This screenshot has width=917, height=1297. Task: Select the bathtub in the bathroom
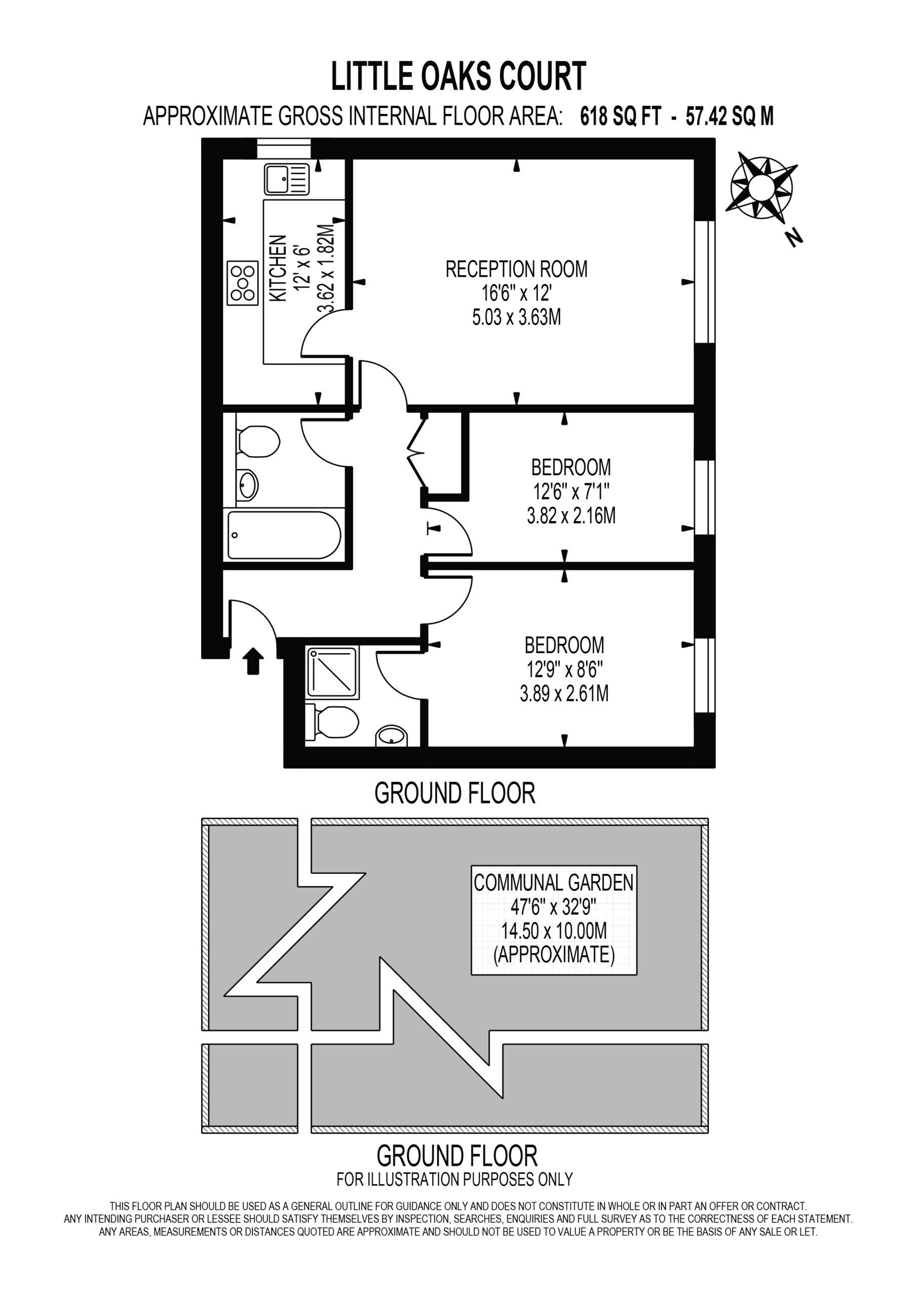tap(284, 535)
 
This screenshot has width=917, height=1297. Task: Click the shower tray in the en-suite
tap(332, 672)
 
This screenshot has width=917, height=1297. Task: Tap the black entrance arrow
tap(253, 661)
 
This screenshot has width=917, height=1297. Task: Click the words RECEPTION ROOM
tap(516, 269)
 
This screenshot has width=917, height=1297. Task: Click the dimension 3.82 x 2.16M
tap(571, 516)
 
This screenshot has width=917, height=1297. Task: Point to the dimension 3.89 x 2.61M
tap(564, 693)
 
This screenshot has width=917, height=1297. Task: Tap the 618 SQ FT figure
tap(621, 117)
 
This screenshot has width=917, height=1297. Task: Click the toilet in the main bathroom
tap(259, 441)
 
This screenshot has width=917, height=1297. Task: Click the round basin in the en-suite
tap(391, 736)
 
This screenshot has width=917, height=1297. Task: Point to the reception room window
tap(705, 281)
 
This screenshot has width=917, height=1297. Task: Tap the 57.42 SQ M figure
tap(730, 117)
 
